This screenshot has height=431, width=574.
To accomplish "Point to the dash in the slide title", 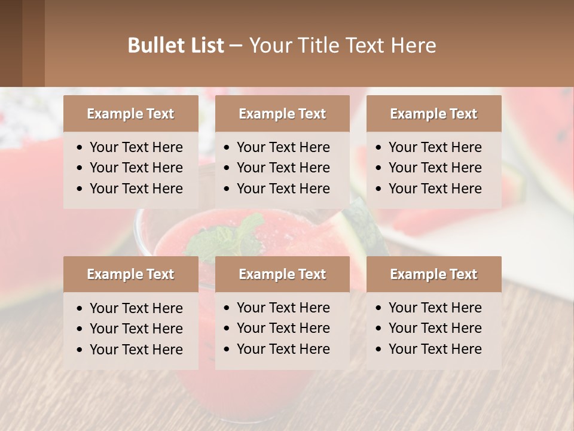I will point(236,46).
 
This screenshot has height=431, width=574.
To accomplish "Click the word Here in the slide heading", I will point(414,45).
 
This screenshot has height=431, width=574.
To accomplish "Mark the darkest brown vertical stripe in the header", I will point(11,43).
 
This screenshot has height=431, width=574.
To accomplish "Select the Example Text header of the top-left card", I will point(130,114).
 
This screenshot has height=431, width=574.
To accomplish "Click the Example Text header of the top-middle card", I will point(282,114).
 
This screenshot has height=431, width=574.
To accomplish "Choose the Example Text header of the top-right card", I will point(433,114).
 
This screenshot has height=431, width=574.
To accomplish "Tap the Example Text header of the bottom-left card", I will point(130,274).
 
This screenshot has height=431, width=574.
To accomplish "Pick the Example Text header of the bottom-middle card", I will point(282,274).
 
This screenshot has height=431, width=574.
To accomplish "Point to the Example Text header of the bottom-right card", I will point(433,274).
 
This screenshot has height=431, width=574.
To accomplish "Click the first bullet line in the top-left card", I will point(136,147).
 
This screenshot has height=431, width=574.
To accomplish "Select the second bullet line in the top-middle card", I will point(283,168).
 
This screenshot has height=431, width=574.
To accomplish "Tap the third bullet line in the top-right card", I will point(435,189).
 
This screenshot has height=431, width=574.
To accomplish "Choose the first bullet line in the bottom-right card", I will point(435,308).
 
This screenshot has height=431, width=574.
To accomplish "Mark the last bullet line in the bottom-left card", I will point(136,350).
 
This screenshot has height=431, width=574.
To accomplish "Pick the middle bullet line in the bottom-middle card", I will point(283,328).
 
